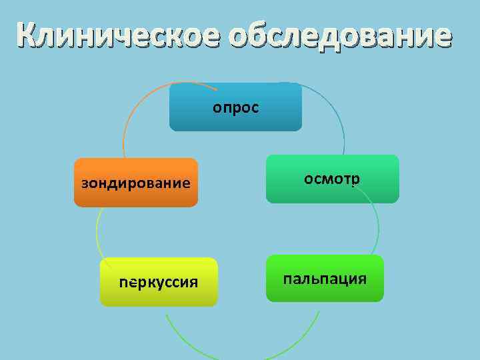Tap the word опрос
[x=236, y=107]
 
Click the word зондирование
[x=136, y=183]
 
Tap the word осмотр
[x=332, y=179]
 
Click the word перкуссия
[x=159, y=282]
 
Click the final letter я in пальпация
[x=361, y=279]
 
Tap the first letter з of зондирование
[x=85, y=183]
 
